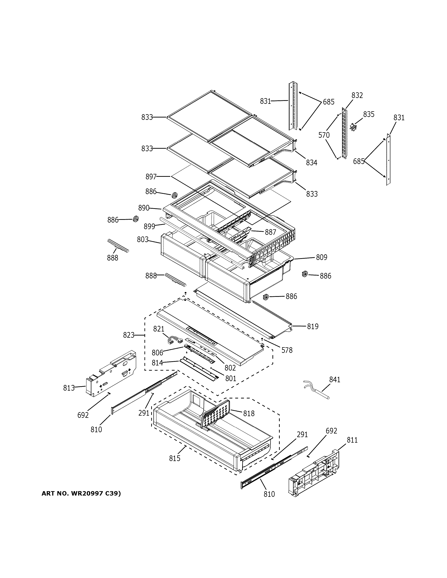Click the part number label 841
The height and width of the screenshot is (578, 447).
[x=335, y=379]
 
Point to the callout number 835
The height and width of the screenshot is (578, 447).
[x=369, y=114]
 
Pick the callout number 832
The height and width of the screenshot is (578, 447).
[x=357, y=95]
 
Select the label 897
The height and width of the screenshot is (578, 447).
[x=151, y=177]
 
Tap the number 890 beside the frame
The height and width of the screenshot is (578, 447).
[x=144, y=208]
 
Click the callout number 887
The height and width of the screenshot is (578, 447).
[x=270, y=232]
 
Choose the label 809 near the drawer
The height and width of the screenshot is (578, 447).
[x=322, y=257]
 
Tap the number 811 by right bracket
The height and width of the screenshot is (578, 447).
[x=352, y=440]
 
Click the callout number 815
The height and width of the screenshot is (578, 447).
[x=175, y=458]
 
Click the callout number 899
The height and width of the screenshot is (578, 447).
[x=149, y=227]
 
